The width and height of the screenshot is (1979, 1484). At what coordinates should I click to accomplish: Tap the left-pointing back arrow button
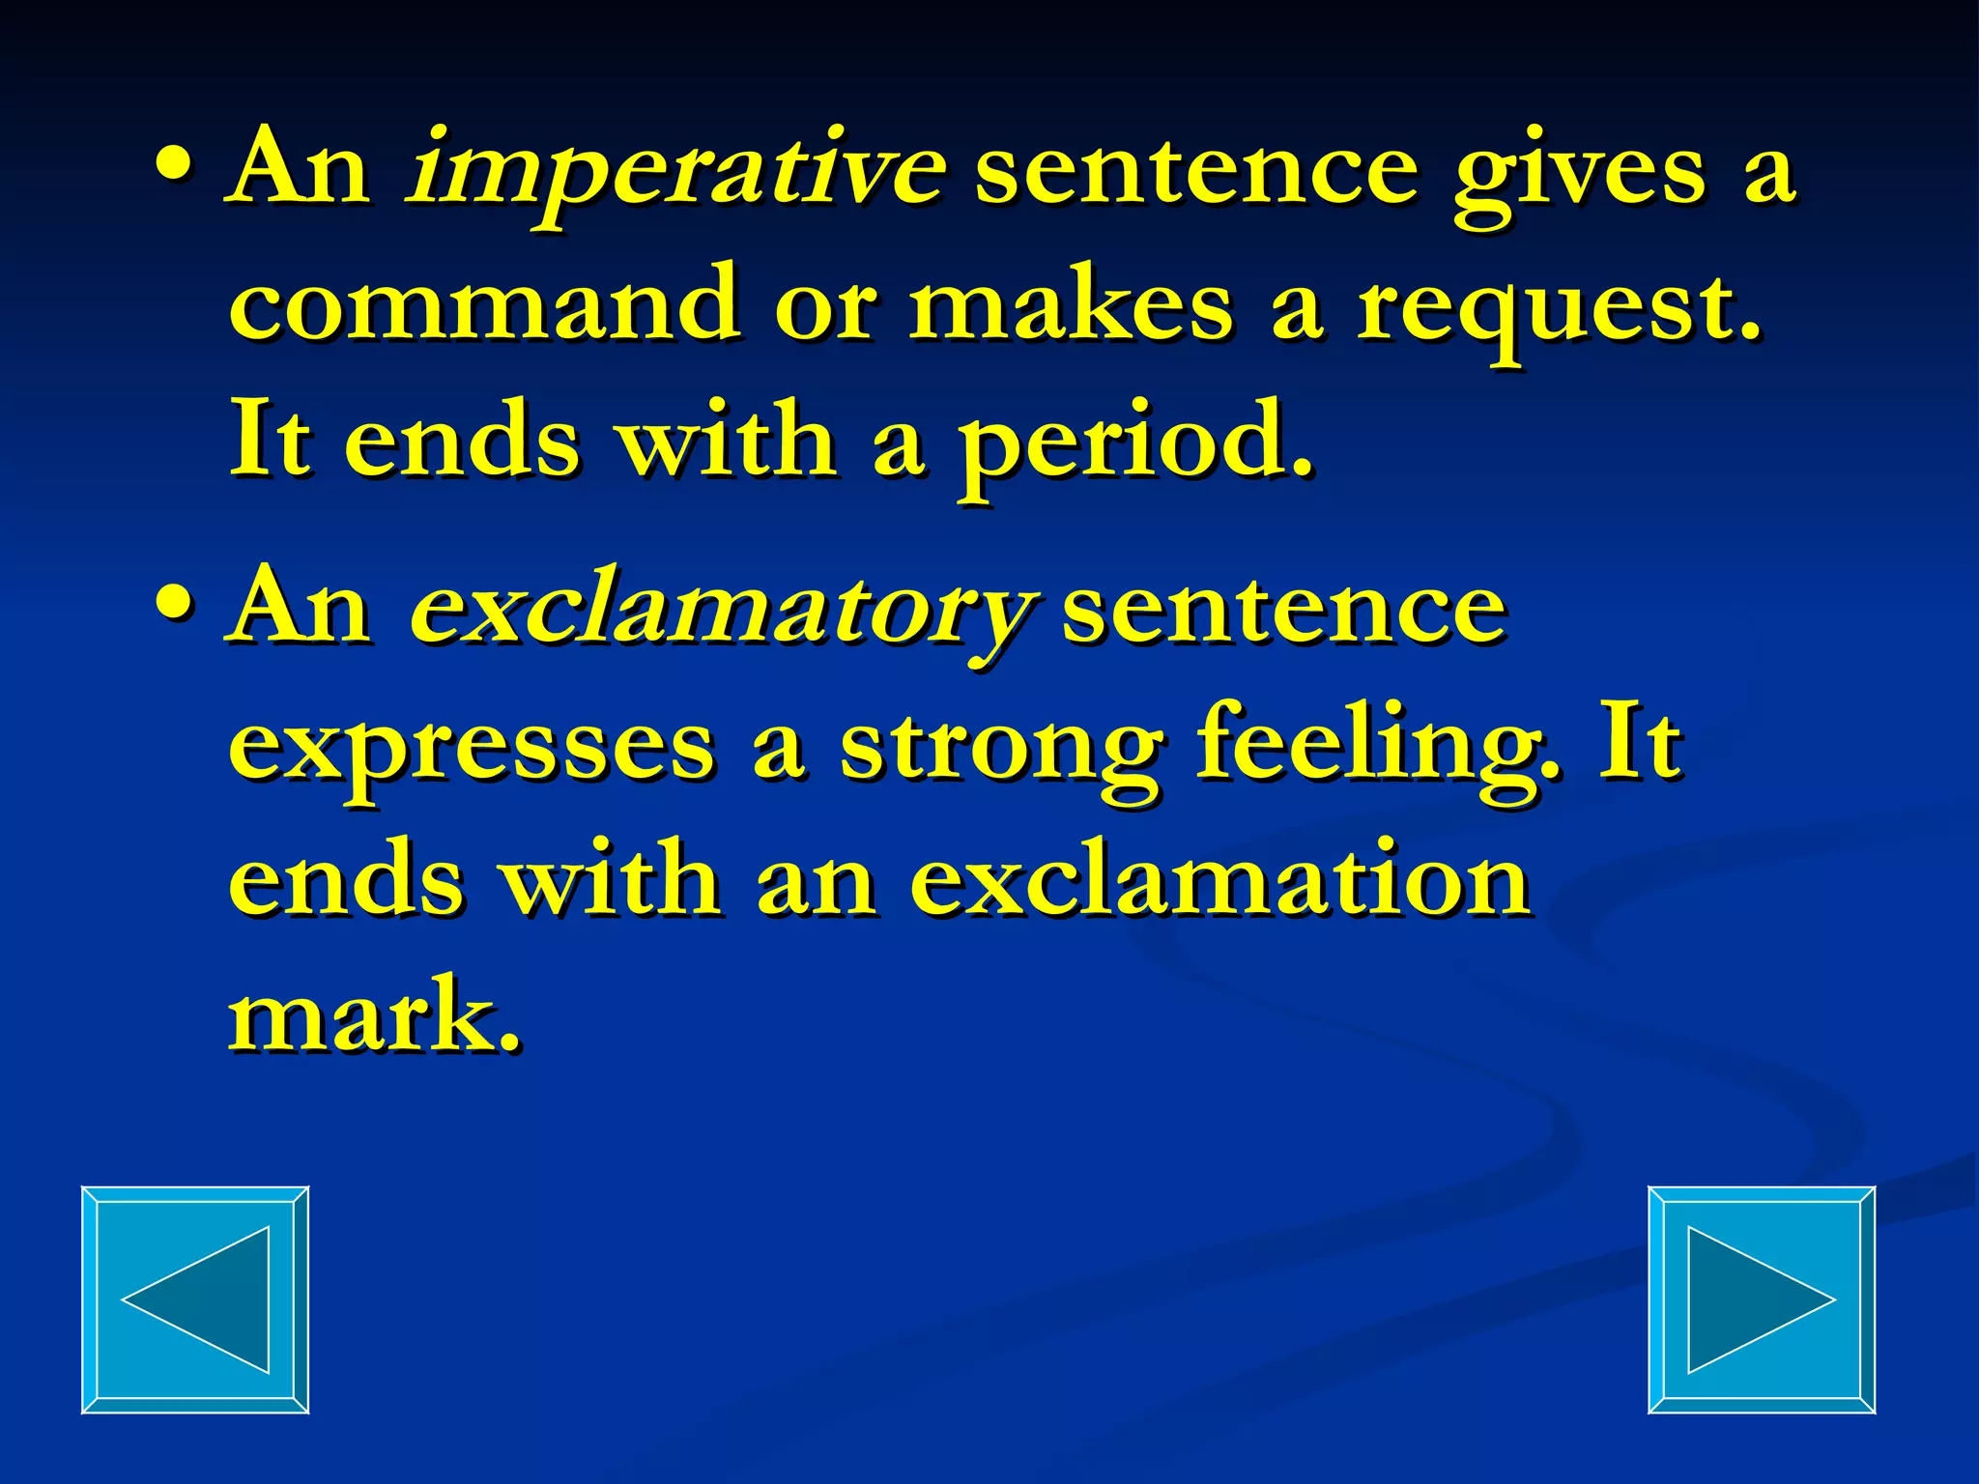pos(195,1299)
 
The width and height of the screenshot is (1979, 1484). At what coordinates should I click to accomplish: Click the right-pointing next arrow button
pos(1761,1299)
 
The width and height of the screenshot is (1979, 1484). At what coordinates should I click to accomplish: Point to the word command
pos(483,305)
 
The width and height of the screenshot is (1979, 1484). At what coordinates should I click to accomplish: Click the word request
pos(1558,309)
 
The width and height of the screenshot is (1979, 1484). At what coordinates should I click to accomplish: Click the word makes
pos(1071,305)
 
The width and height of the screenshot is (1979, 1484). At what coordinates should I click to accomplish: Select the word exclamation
pos(1219,879)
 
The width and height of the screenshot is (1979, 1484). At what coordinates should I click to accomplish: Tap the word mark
pos(373,1014)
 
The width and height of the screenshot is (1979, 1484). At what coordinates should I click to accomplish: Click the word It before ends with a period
pos(271,441)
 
